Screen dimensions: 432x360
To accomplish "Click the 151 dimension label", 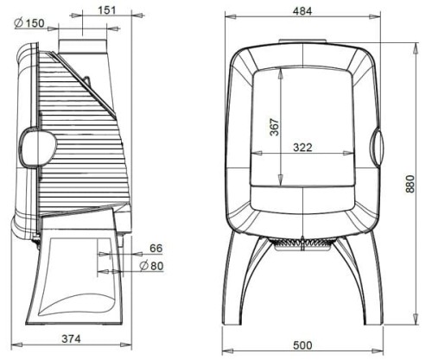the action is point(107,10).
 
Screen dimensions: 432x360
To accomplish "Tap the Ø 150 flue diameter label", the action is point(29,23).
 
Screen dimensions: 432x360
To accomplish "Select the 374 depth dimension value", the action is point(71,338).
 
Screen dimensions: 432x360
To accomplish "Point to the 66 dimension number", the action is point(156,248).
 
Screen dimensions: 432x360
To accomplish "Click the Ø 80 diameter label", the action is point(151,266).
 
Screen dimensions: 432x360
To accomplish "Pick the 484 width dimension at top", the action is point(302,11).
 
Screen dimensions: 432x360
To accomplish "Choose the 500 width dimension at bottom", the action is point(302,345).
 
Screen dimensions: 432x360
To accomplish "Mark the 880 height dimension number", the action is point(410,184).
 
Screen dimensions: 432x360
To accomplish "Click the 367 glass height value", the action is point(275,127).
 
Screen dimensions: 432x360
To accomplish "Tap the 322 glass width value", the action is point(302,148).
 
